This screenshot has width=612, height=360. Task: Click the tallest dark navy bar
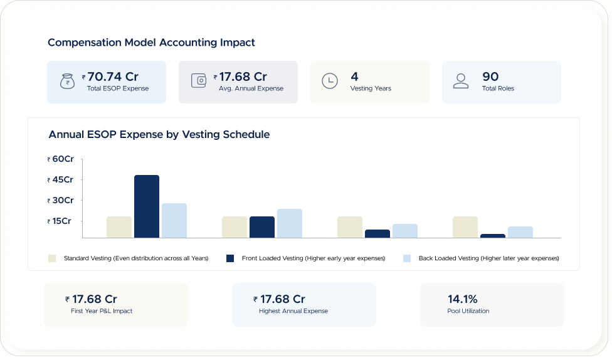pyautogui.click(x=147, y=206)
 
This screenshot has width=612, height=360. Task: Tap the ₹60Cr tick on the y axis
pyautogui.click(x=61, y=159)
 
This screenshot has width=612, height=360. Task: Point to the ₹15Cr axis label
pyautogui.click(x=60, y=221)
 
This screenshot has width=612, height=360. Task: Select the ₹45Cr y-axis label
pyautogui.click(x=61, y=180)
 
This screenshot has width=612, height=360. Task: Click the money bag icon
pyautogui.click(x=66, y=82)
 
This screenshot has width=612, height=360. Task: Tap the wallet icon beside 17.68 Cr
pyautogui.click(x=199, y=82)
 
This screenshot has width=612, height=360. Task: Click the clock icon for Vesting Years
pyautogui.click(x=329, y=82)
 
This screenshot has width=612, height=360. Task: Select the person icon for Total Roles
pyautogui.click(x=461, y=82)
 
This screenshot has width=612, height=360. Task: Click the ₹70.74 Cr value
pyautogui.click(x=112, y=77)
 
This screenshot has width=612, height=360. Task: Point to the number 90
pyautogui.click(x=490, y=77)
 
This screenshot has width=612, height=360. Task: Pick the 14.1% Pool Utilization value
pyautogui.click(x=462, y=299)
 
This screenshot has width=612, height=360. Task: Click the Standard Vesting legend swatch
pyautogui.click(x=52, y=258)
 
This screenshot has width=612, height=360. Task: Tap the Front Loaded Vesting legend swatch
pyautogui.click(x=230, y=258)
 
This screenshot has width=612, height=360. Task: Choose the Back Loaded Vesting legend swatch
pyautogui.click(x=407, y=258)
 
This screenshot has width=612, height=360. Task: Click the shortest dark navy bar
pyautogui.click(x=493, y=236)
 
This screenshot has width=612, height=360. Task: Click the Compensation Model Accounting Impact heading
pyautogui.click(x=151, y=43)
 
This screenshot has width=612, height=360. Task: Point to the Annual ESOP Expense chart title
pyautogui.click(x=159, y=134)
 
